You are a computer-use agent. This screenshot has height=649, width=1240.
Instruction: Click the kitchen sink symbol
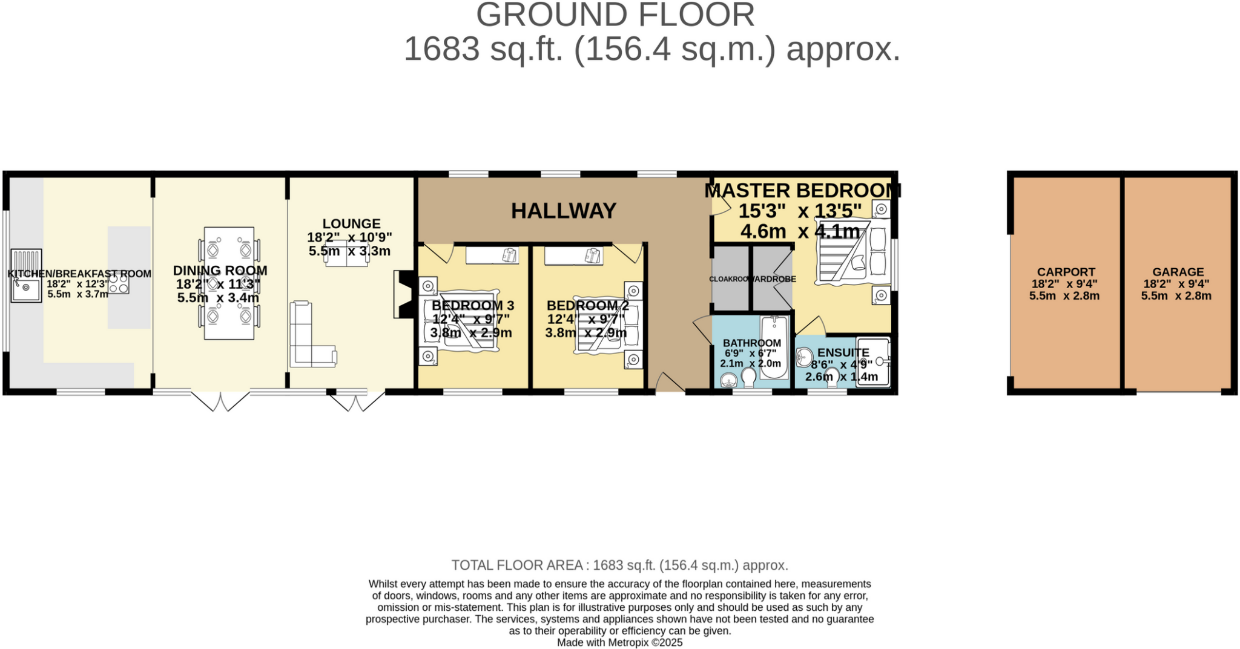point(26,276)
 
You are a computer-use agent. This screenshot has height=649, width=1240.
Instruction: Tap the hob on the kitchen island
point(119,283)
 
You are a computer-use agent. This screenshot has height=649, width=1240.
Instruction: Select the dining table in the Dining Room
point(229,283)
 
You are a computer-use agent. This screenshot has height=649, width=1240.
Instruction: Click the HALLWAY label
point(563,211)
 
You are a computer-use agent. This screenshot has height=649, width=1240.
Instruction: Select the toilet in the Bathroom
point(748,378)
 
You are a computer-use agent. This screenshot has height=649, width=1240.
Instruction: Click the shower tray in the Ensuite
point(872,361)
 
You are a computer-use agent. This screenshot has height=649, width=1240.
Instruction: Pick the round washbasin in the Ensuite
point(805,357)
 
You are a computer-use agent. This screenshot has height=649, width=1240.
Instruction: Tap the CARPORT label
point(1066,272)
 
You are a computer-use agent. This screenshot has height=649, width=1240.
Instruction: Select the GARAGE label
point(1178,272)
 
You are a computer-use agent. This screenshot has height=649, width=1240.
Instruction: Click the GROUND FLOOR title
point(615,15)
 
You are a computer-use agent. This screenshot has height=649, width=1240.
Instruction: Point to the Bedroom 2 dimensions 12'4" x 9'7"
point(585,319)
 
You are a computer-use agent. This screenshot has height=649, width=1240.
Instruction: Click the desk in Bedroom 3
point(492,255)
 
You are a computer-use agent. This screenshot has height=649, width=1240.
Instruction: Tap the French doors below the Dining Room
point(220,401)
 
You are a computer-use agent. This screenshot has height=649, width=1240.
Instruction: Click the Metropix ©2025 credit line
point(619,642)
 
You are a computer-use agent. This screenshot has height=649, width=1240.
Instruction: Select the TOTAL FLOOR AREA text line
point(619,565)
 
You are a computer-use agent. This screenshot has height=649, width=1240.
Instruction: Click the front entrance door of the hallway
point(669,384)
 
